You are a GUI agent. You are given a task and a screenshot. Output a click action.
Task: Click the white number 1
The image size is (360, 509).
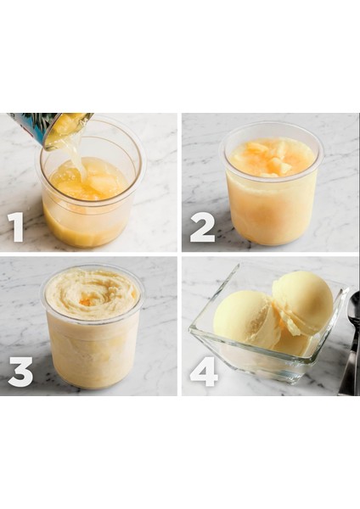[16, 227]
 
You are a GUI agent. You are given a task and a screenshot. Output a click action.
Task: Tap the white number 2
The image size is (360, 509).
[202, 227]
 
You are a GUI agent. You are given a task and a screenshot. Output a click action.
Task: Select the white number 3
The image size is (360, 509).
[20, 370]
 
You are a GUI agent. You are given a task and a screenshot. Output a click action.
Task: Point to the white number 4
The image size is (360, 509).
[205, 370]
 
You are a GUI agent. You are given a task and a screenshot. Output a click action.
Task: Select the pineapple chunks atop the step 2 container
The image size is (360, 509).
[270, 157]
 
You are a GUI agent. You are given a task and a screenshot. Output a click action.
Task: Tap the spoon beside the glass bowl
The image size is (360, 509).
[352, 339]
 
